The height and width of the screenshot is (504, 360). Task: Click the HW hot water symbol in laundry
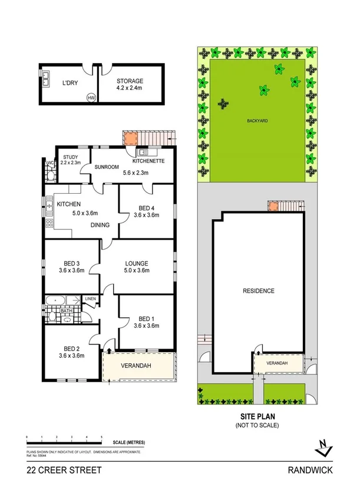click(x=91, y=98)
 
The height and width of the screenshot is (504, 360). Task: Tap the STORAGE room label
click(x=130, y=81)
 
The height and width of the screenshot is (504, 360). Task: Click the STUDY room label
click(x=71, y=157)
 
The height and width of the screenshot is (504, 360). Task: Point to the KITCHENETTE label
click(x=148, y=161)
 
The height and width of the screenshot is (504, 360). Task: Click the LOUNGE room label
click(x=136, y=263)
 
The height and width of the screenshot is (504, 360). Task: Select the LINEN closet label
click(x=90, y=299)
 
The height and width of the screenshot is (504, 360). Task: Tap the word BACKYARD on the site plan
click(x=257, y=121)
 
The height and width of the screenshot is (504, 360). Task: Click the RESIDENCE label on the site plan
click(x=259, y=291)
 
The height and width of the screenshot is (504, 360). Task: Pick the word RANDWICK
click(x=311, y=470)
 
